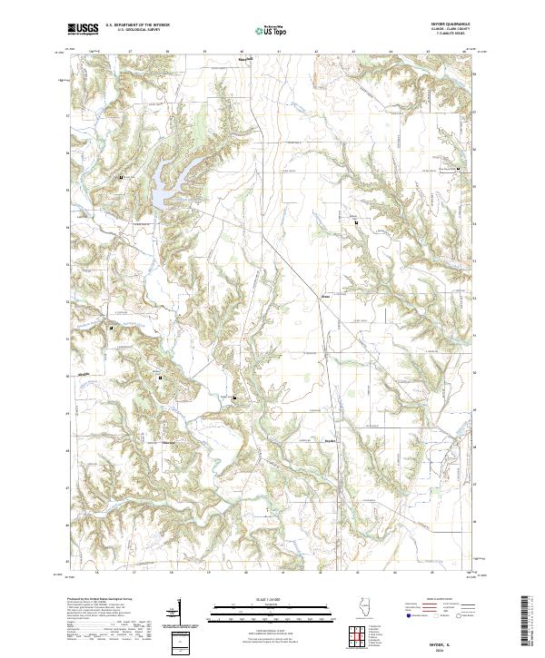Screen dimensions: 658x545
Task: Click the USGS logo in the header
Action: pos(84,30)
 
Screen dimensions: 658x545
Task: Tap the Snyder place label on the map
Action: pos(331,441)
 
